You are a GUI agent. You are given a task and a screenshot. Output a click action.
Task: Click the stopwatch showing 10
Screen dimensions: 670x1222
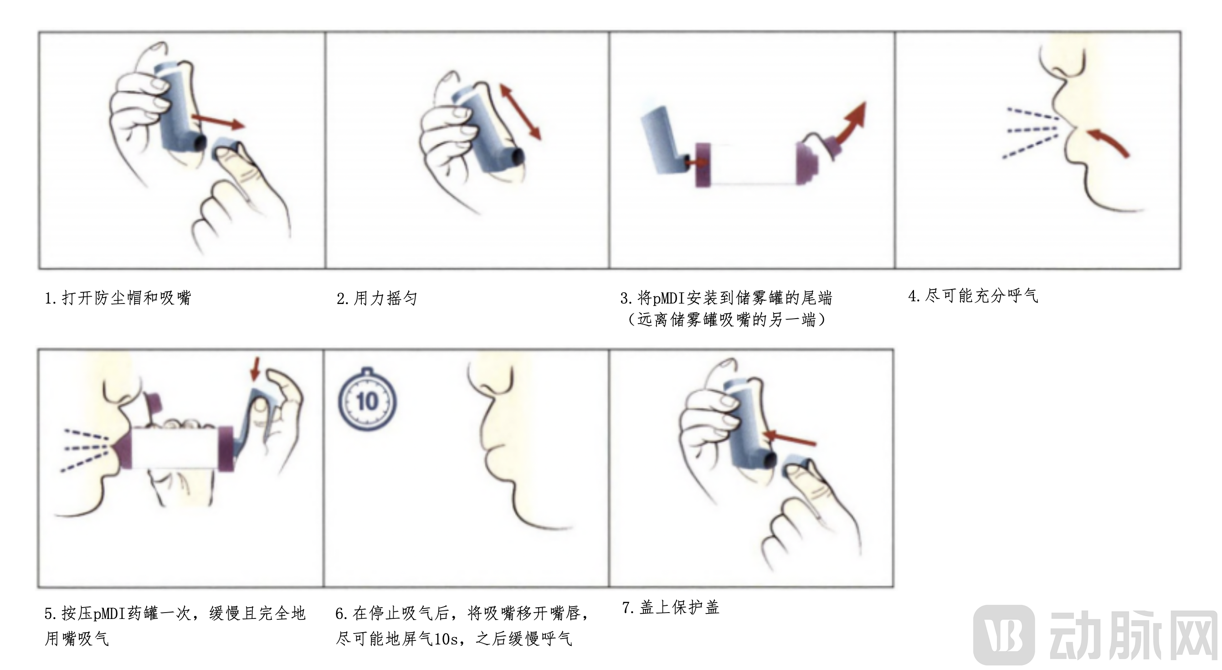point(367,402)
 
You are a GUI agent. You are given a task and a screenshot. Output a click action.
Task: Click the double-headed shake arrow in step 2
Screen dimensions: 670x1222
point(520,112)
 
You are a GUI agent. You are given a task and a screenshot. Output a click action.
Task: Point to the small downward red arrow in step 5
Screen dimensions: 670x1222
point(256,369)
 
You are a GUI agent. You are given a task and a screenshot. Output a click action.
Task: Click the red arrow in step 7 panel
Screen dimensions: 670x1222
point(790,438)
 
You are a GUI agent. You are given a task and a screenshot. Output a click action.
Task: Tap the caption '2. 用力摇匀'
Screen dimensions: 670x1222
point(377,299)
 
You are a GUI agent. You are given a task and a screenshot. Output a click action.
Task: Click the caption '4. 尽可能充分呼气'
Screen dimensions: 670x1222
point(972,296)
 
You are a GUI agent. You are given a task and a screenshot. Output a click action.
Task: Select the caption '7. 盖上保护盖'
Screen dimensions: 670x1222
point(670,608)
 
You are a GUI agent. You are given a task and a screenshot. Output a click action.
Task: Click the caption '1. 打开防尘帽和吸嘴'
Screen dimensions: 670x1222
point(118,299)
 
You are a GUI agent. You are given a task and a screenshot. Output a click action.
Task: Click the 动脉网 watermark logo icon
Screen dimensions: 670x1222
point(1004,635)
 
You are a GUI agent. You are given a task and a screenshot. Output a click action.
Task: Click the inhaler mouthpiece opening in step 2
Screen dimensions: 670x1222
point(518,155)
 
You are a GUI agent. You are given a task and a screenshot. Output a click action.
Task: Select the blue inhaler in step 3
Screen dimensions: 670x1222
point(662,140)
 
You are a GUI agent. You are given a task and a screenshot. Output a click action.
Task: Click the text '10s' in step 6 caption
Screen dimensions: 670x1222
point(446,639)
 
